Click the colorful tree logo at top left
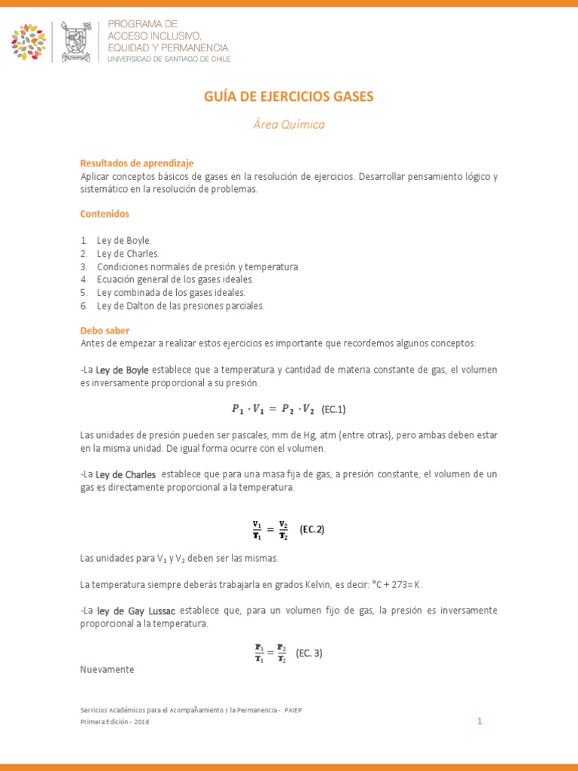[29, 41]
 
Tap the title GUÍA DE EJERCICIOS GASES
[288, 96]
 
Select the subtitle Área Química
[288, 124]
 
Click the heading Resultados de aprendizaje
[137, 163]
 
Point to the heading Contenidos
[105, 214]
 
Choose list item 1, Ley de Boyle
[124, 240]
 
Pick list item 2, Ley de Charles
[128, 253]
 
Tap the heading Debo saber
[105, 331]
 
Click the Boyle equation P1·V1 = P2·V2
[272, 410]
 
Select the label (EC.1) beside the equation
[333, 410]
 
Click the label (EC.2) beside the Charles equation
[312, 529]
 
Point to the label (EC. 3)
[309, 653]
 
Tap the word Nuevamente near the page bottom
[107, 669]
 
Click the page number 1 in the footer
[479, 721]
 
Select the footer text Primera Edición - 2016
[114, 721]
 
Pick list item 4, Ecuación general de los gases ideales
[175, 279]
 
